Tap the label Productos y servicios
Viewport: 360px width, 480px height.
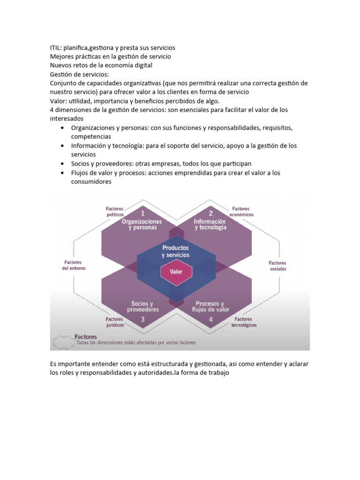click(x=175, y=251)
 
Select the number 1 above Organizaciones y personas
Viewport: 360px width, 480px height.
click(x=142, y=213)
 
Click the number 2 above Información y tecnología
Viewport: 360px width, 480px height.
click(x=210, y=213)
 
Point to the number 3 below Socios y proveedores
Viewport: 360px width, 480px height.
click(x=142, y=319)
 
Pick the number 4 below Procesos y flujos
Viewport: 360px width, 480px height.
click(x=210, y=319)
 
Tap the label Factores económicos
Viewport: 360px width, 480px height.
click(x=242, y=211)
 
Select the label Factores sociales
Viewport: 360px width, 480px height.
click(x=278, y=266)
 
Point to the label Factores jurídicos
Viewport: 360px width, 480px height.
click(x=114, y=322)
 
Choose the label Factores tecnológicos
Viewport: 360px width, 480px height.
click(x=244, y=322)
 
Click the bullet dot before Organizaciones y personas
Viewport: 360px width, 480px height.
click(x=63, y=128)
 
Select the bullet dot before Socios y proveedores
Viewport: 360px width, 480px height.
click(x=63, y=164)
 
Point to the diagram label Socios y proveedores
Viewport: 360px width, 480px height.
click(x=142, y=307)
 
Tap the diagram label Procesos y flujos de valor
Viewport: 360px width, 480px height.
click(x=210, y=307)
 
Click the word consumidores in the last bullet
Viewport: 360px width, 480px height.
click(x=91, y=182)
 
